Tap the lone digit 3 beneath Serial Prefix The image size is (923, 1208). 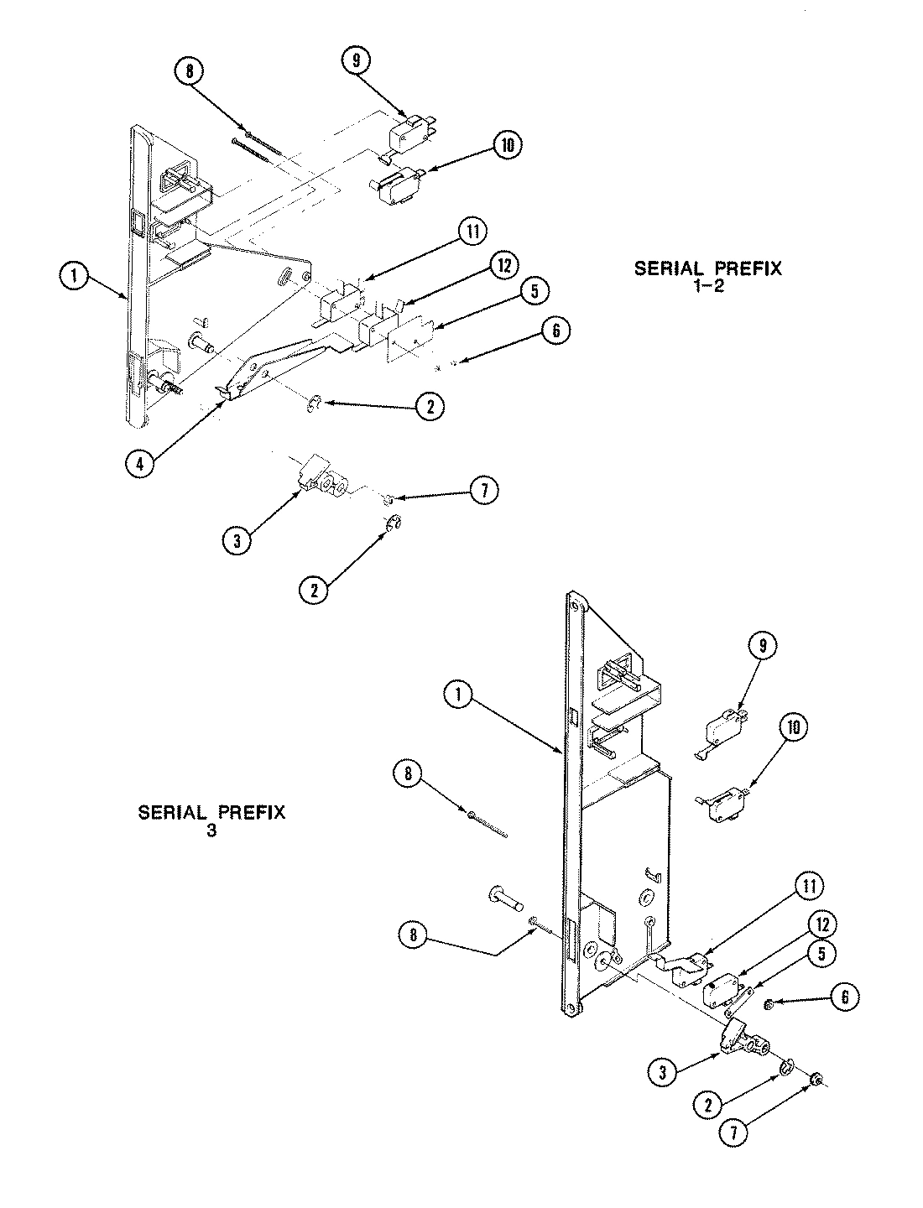(211, 831)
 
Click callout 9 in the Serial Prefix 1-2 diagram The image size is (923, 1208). (355, 60)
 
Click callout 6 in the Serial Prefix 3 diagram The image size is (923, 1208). (844, 997)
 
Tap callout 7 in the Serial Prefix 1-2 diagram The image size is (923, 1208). (483, 490)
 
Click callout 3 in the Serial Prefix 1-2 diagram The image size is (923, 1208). (237, 541)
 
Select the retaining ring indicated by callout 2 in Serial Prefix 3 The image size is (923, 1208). (787, 1067)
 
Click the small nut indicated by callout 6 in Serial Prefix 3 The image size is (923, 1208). (768, 1004)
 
